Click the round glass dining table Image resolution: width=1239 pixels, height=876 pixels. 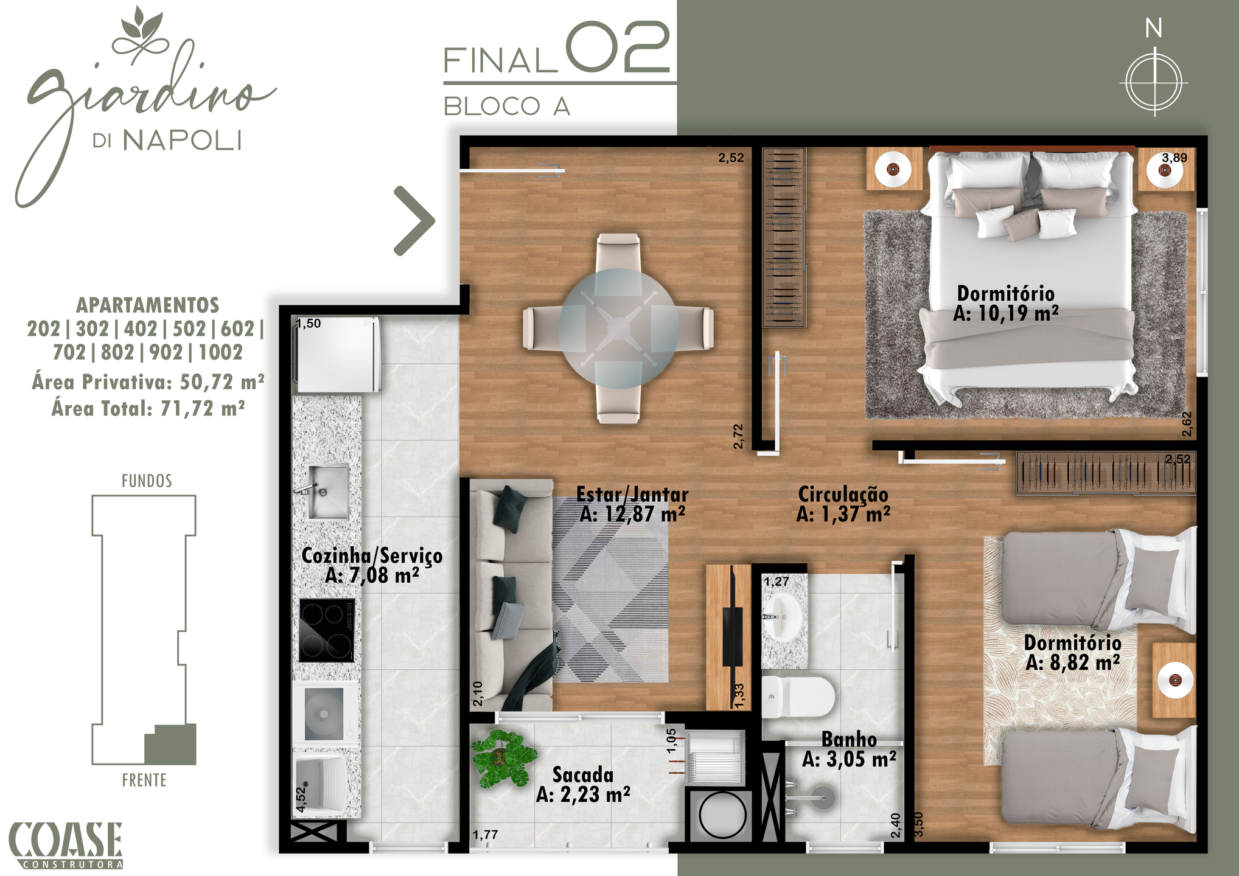[x=618, y=328]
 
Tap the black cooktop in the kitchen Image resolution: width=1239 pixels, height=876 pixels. [x=327, y=630]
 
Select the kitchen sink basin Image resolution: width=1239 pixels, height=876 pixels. [x=329, y=492]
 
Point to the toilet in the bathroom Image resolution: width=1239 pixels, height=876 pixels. [x=798, y=697]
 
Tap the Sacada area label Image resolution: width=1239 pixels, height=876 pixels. [x=583, y=785]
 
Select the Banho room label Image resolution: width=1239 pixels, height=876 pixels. [x=849, y=749]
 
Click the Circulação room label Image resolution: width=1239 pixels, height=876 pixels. [x=843, y=504]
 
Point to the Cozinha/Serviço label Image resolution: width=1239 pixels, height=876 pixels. [x=372, y=565]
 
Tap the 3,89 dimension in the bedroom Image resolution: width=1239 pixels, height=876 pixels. [x=1174, y=158]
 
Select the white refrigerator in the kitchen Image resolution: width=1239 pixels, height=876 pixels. [x=338, y=355]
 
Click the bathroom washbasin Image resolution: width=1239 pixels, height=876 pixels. [x=783, y=617]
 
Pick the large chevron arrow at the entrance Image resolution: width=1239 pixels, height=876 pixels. [x=415, y=221]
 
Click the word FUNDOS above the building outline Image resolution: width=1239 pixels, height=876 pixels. [x=147, y=481]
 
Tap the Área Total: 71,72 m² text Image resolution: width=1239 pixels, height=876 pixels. [x=148, y=408]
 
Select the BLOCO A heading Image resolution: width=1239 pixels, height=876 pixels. [x=506, y=106]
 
